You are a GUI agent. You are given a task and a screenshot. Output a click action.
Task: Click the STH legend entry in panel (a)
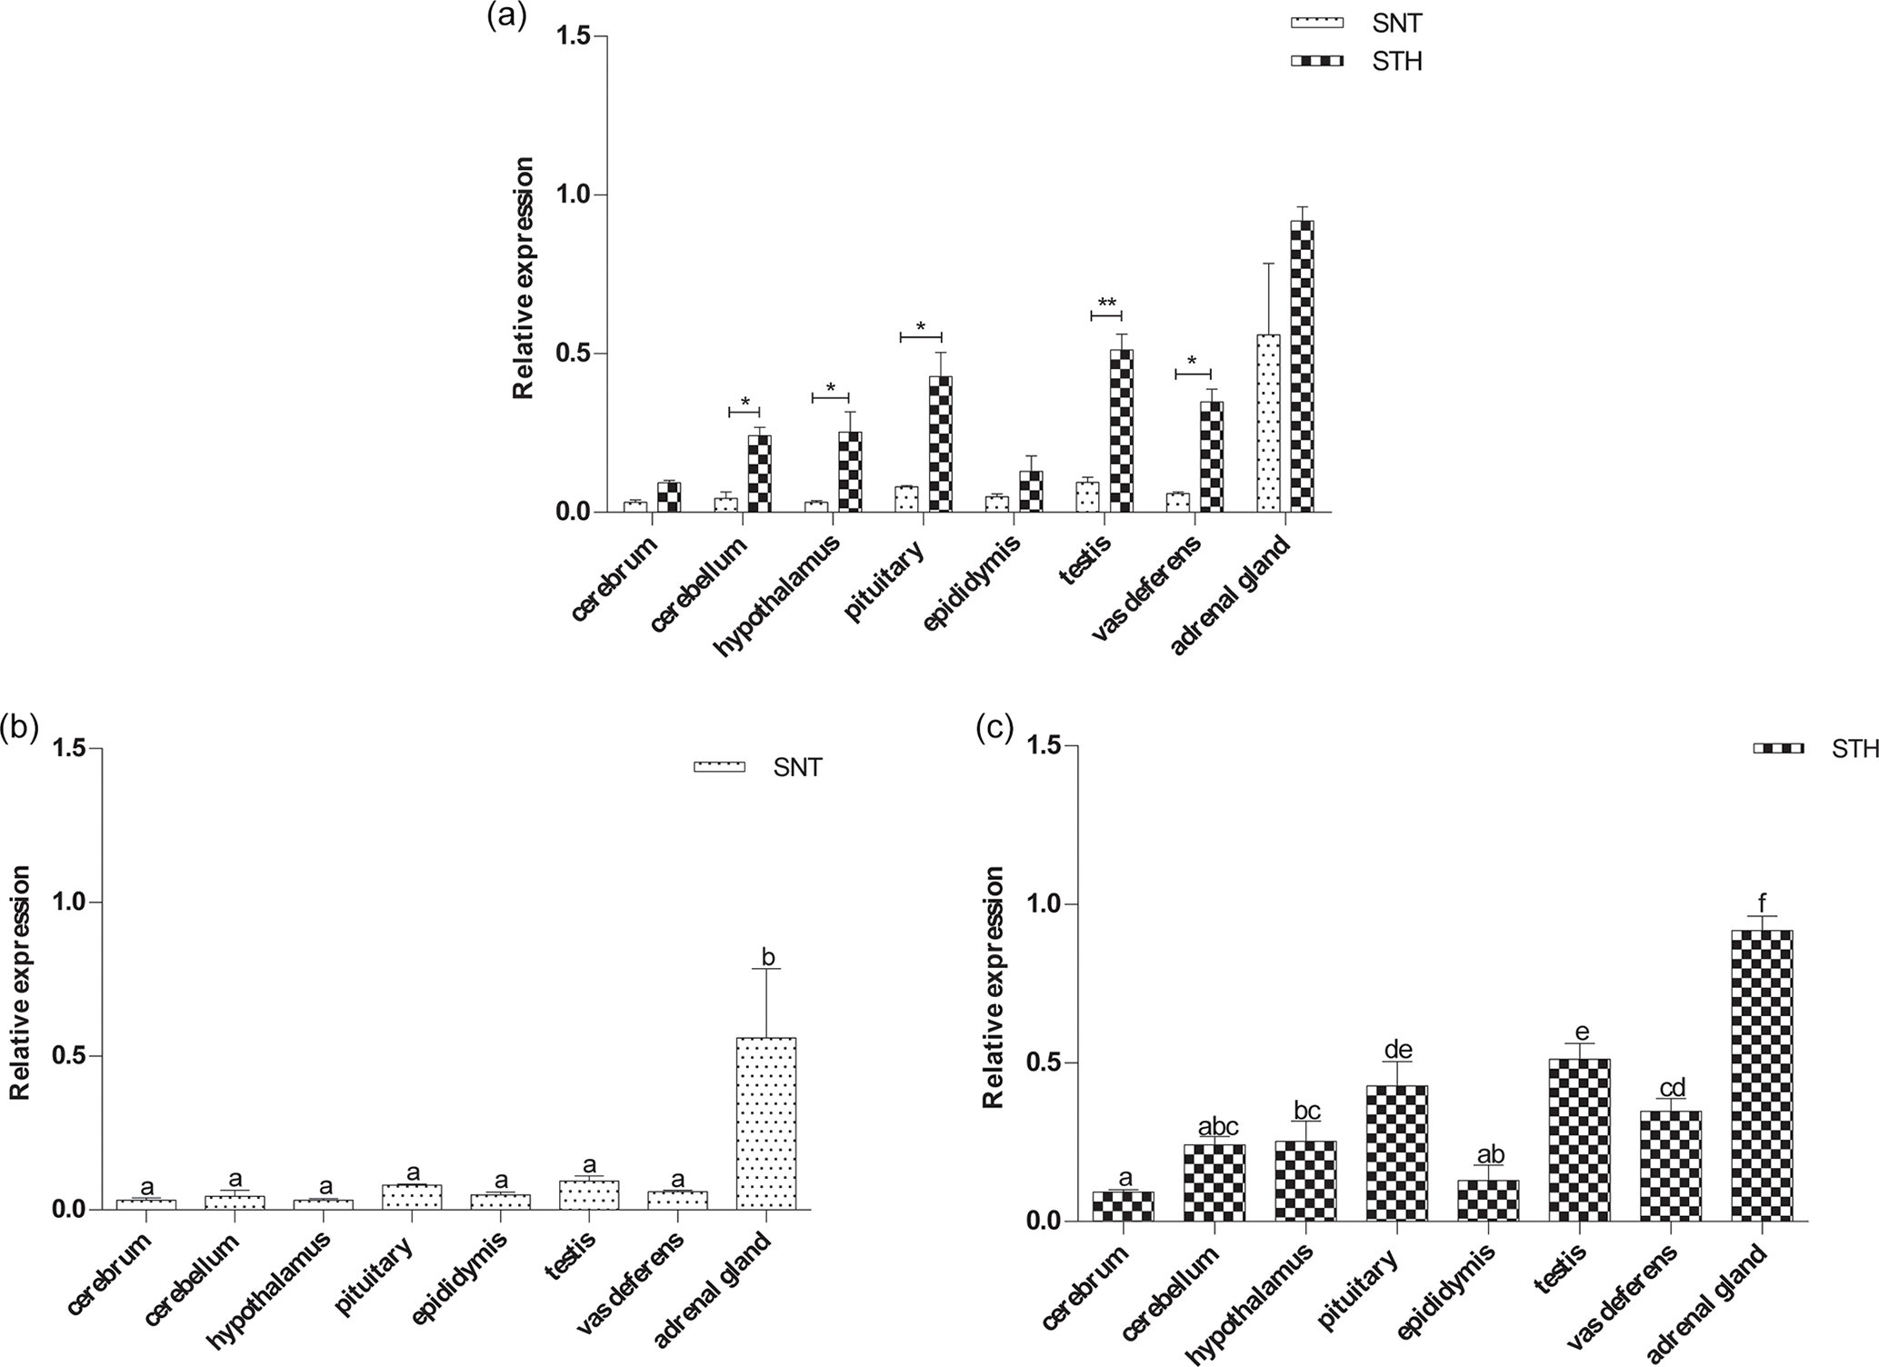(1355, 62)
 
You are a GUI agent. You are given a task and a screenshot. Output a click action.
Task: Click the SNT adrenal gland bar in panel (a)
(1268, 424)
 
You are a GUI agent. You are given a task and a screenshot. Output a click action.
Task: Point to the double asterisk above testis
(1106, 304)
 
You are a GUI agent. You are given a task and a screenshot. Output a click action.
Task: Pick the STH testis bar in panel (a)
(1122, 431)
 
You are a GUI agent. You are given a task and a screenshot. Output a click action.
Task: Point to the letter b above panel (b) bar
(767, 957)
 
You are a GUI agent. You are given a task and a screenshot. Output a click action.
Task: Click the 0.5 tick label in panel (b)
(67, 1056)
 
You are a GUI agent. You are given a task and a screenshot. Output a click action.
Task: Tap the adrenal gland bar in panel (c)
(1762, 1075)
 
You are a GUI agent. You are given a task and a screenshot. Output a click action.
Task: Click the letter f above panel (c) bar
(1762, 904)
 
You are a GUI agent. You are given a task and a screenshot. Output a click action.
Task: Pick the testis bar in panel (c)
(1580, 1140)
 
